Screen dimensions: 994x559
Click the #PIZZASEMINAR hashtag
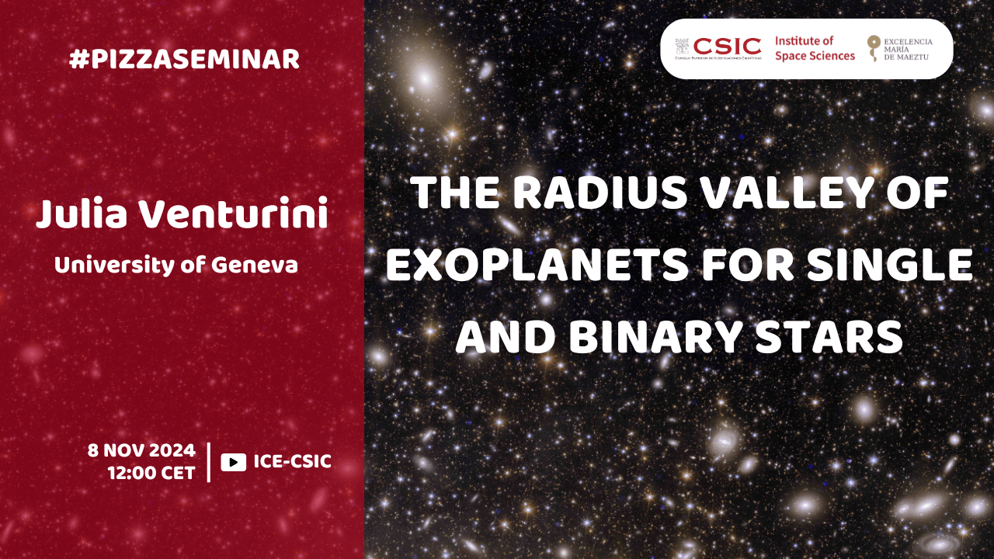pyautogui.click(x=184, y=60)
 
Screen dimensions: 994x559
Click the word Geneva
pyautogui.click(x=254, y=266)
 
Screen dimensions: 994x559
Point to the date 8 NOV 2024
pyautogui.click(x=141, y=450)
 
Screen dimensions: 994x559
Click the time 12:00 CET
pyautogui.click(x=151, y=473)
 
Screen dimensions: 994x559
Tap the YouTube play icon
pyautogui.click(x=234, y=462)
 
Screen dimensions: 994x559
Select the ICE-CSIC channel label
pyautogui.click(x=293, y=461)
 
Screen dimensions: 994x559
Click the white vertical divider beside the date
pyautogui.click(x=209, y=462)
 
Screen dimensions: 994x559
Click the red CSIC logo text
pyautogui.click(x=728, y=46)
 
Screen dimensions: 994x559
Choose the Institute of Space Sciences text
pyautogui.click(x=815, y=48)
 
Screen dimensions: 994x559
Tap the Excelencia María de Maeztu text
pyautogui.click(x=908, y=49)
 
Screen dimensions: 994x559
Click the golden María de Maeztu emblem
pyautogui.click(x=874, y=48)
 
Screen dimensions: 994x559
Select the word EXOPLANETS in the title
pyautogui.click(x=537, y=265)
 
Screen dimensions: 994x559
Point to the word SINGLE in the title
pyautogui.click(x=889, y=265)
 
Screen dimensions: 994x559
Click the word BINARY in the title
pyautogui.click(x=656, y=336)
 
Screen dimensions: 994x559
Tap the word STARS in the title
pyautogui.click(x=829, y=336)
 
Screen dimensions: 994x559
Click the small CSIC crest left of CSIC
pyautogui.click(x=682, y=46)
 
